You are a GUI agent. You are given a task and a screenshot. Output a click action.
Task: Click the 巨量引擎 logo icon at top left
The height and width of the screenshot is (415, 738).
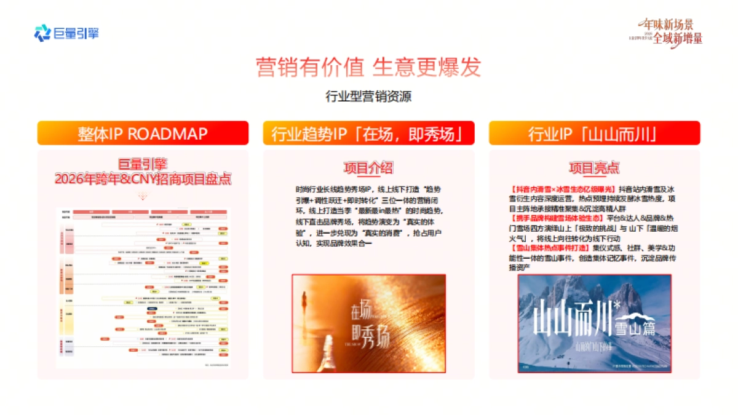click(x=42, y=33)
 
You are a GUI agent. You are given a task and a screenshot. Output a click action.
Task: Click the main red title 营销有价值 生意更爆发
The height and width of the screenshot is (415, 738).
click(x=368, y=67)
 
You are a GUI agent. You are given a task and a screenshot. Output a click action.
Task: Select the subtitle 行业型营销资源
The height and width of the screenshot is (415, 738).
click(x=368, y=97)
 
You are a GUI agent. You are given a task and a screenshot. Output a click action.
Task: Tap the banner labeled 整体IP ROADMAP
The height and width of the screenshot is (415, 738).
click(x=143, y=133)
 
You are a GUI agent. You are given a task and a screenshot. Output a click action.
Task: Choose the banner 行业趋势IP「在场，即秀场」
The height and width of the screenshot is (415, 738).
click(x=368, y=133)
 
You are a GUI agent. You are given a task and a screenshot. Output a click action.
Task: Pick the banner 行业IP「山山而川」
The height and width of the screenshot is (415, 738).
click(x=594, y=133)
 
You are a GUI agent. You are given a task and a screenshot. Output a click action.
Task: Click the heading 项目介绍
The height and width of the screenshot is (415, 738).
click(x=368, y=168)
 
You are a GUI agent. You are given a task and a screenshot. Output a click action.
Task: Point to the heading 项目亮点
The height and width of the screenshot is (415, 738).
click(x=593, y=168)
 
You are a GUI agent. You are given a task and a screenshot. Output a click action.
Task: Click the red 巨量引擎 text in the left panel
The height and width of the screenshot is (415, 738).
click(x=143, y=164)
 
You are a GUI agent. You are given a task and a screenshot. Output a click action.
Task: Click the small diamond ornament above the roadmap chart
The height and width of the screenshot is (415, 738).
click(x=143, y=197)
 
